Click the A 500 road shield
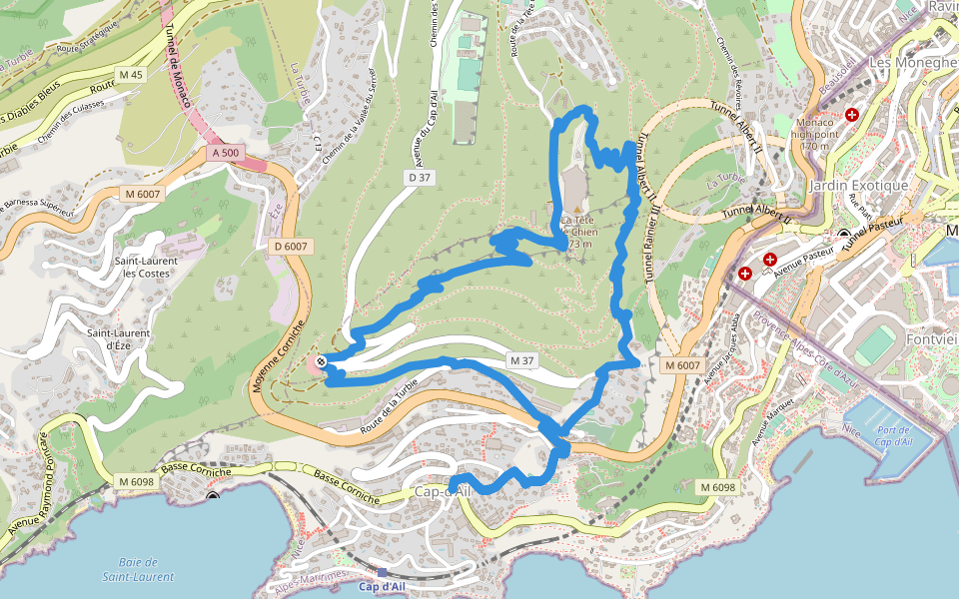tap(225, 153)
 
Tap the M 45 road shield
tap(130, 75)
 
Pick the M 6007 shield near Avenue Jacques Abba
tap(682, 366)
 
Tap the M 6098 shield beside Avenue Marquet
tap(717, 486)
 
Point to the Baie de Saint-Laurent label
tap(138, 569)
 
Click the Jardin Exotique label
tap(860, 186)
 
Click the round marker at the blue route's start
tap(321, 361)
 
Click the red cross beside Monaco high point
tap(852, 115)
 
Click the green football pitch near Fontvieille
tap(876, 345)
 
